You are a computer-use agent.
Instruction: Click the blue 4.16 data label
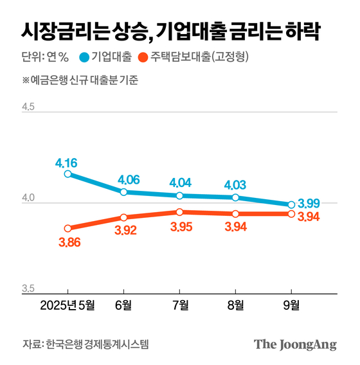click(x=67, y=161)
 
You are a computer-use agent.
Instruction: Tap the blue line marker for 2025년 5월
click(x=67, y=174)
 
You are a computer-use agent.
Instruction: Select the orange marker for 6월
click(x=123, y=217)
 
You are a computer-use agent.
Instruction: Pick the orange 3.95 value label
click(x=180, y=227)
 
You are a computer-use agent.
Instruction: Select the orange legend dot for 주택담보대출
click(x=145, y=58)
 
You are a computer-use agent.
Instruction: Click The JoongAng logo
click(x=295, y=344)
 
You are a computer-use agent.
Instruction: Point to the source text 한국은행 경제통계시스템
click(x=97, y=344)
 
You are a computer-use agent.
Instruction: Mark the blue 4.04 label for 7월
click(x=180, y=182)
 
